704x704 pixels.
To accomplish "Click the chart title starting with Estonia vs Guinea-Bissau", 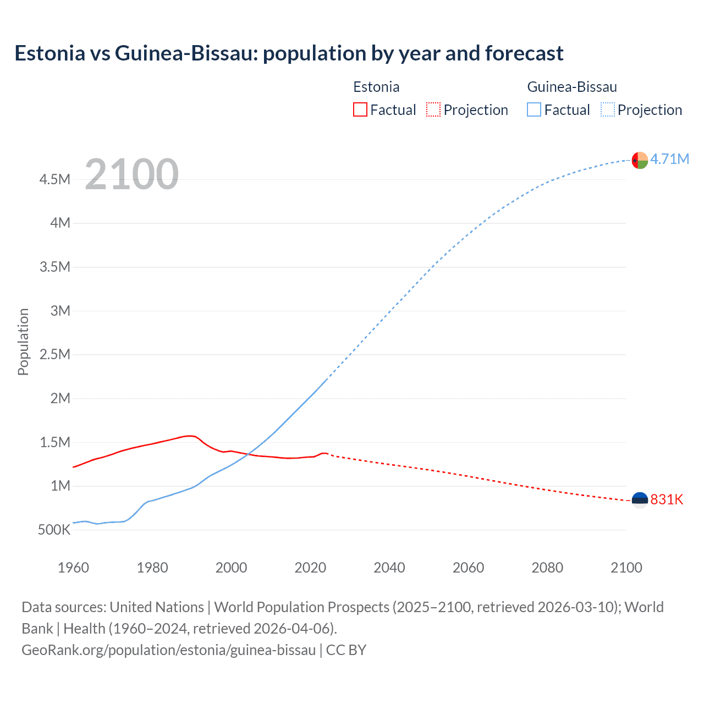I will pos(289,53).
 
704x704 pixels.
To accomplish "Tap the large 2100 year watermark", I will pos(131,174).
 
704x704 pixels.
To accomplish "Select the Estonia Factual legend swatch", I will pos(360,109).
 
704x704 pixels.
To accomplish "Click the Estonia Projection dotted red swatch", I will pos(433,109).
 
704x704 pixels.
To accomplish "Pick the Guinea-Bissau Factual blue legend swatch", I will pos(533,109).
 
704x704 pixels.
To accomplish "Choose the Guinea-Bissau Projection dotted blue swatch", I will pos(608,109).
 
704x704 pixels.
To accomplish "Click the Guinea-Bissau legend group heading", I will pos(571,87).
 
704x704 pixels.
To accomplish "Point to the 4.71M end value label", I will pos(669,159).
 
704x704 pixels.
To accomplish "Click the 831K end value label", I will pos(667,499).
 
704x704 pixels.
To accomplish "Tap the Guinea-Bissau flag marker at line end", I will pos(640,160).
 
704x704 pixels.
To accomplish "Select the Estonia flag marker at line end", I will pos(640,500).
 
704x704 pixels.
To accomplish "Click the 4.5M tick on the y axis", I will pos(55,179).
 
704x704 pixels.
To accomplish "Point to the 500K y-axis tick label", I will pos(54,530).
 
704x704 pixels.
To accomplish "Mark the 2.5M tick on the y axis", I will pos(55,354).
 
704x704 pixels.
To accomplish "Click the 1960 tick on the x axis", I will pos(73,568).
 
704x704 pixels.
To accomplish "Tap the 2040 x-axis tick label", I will pos(389,568).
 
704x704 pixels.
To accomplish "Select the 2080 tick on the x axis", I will pos(547,568).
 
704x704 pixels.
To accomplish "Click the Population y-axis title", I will pos(23,342).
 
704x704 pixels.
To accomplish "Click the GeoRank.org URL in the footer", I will pos(168,650).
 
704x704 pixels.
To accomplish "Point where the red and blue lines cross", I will pos(246,454).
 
